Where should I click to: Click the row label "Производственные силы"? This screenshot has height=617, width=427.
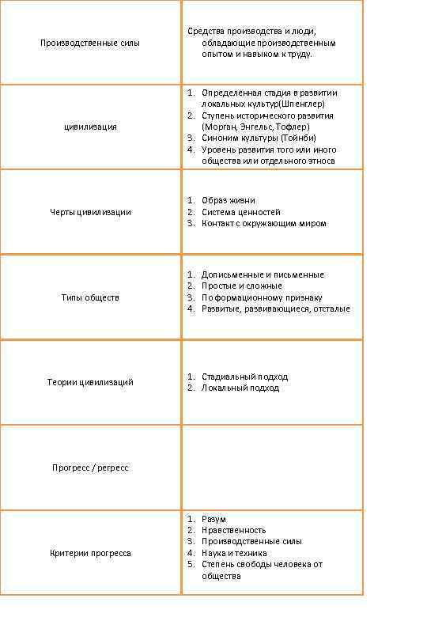pyautogui.click(x=90, y=43)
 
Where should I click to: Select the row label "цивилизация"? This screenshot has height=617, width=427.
pyautogui.click(x=90, y=127)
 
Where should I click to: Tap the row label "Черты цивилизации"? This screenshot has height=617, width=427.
pyautogui.click(x=90, y=212)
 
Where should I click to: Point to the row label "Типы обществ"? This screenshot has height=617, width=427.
pyautogui.click(x=90, y=297)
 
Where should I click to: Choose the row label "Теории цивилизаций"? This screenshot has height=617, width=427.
pyautogui.click(x=90, y=383)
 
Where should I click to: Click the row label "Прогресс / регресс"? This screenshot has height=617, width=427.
pyautogui.click(x=90, y=468)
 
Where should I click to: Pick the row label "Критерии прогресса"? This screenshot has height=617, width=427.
pyautogui.click(x=90, y=553)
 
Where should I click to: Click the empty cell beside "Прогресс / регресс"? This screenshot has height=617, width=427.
pyautogui.click(x=272, y=467)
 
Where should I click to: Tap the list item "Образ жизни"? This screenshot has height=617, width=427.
pyautogui.click(x=229, y=201)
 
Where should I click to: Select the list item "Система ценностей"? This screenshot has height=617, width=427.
pyautogui.click(x=240, y=212)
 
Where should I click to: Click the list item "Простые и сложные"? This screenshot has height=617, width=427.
pyautogui.click(x=241, y=286)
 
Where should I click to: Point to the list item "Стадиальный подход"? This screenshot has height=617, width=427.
pyautogui.click(x=244, y=377)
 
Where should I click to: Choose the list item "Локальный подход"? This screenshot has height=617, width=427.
pyautogui.click(x=240, y=388)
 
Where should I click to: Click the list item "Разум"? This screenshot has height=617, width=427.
pyautogui.click(x=214, y=519)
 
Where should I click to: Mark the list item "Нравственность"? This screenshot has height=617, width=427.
pyautogui.click(x=233, y=530)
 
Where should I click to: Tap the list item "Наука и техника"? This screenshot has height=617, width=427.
pyautogui.click(x=234, y=553)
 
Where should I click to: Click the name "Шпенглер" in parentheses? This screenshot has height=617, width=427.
pyautogui.click(x=301, y=104)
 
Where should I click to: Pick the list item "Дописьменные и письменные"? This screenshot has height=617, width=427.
pyautogui.click(x=263, y=274)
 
